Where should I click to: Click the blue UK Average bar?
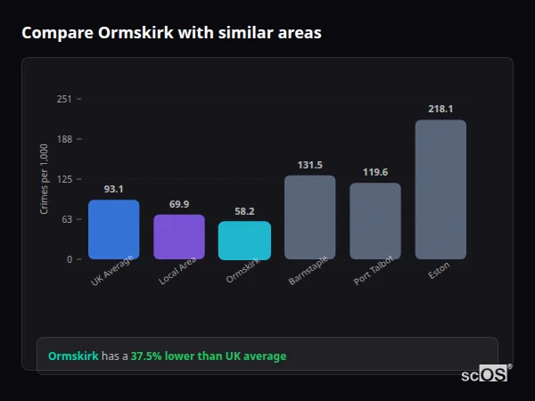point(113,229)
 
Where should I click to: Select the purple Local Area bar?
point(178,236)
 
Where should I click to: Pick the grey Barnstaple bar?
point(309,217)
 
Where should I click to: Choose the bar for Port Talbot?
point(374,221)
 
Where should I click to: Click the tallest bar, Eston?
point(440,189)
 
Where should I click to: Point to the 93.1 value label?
point(113,189)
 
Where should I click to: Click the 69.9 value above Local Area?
point(178,204)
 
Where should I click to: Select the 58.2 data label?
point(244,211)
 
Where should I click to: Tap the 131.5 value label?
point(309,165)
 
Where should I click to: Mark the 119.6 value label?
point(374,172)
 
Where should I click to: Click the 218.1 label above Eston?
point(440,109)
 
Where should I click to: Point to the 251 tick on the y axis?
point(64,99)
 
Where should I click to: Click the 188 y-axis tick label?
point(64,139)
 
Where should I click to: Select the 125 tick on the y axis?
point(64,179)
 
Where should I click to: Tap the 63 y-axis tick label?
point(67,219)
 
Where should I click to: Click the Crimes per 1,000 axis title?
point(44,179)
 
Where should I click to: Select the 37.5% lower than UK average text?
point(209,356)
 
